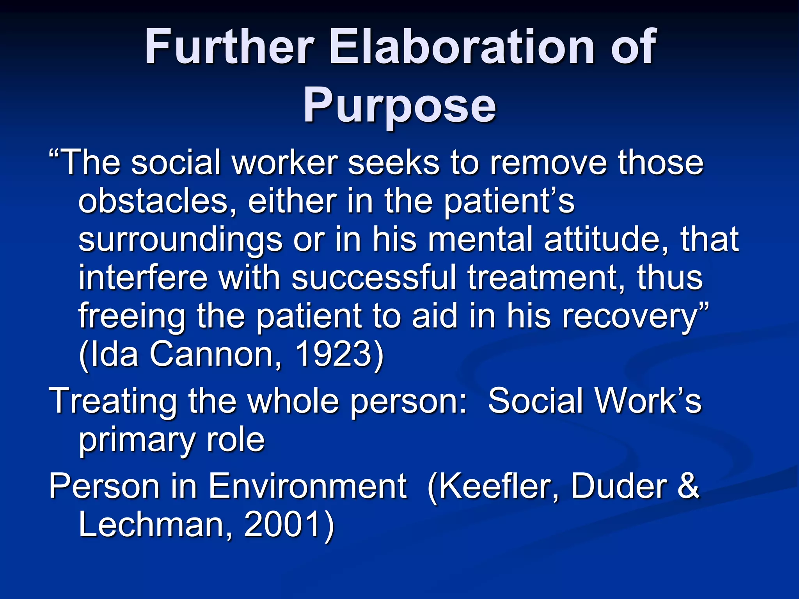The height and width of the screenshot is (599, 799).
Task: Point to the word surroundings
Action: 181,241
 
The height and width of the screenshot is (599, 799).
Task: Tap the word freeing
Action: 132,317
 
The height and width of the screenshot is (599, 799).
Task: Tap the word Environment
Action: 307,487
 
